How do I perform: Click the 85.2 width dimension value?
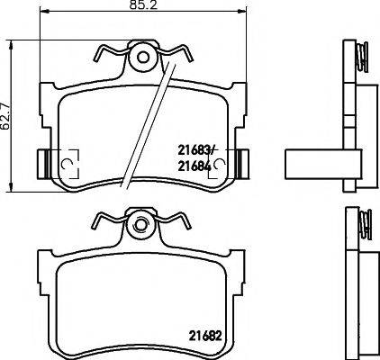pos(145,8)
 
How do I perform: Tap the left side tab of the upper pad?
pos(41,163)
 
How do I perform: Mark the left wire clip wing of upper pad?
pos(106,55)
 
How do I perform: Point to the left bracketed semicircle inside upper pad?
pos(67,163)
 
